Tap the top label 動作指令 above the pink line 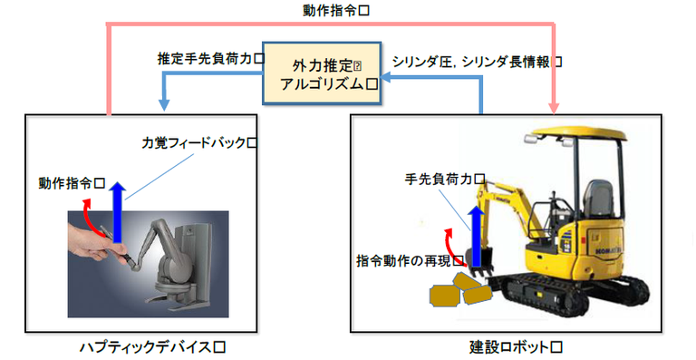[x=336, y=11]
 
